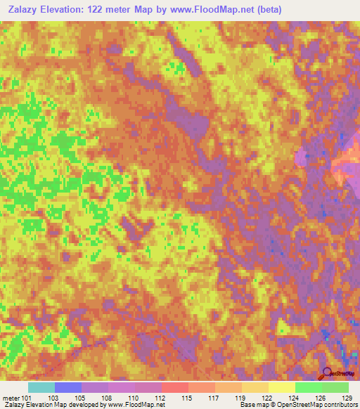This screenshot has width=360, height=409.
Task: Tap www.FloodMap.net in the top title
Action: point(230,9)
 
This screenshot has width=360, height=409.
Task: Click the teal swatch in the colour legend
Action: point(41,387)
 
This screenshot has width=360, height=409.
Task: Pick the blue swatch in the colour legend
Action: point(68,387)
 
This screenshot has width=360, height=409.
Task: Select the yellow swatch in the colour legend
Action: point(282,387)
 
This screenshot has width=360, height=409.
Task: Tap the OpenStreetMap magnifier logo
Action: point(328,374)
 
